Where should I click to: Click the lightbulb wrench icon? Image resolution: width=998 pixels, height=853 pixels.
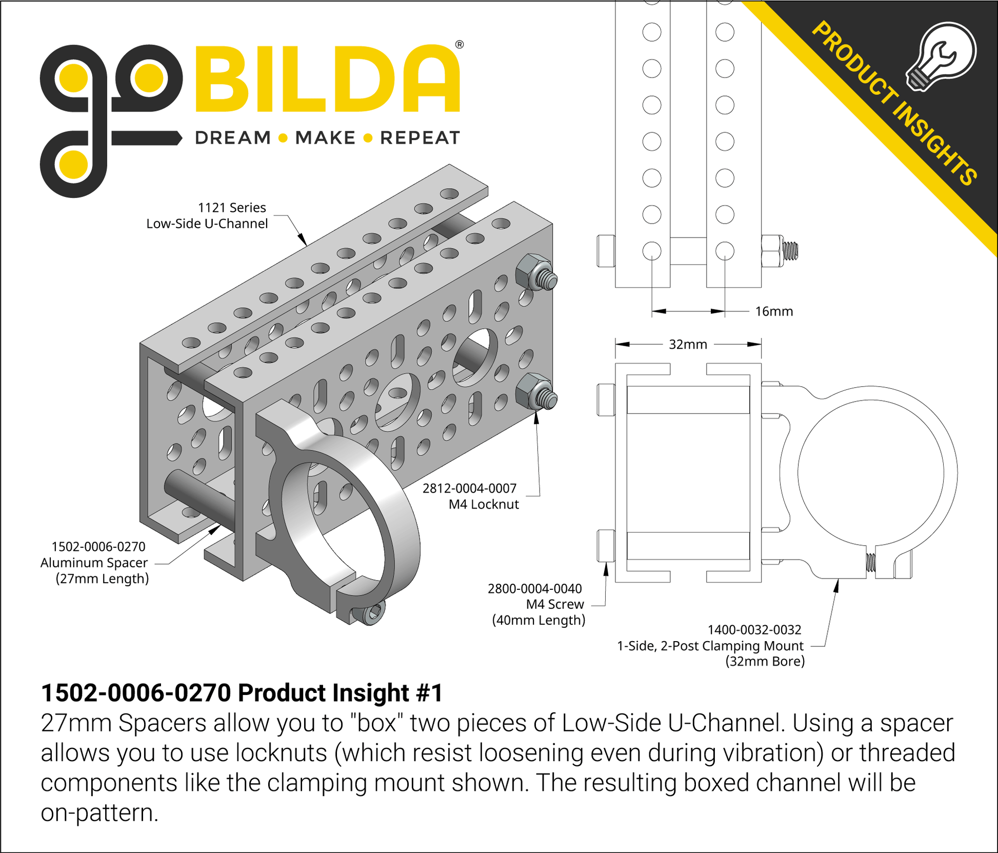[x=941, y=56]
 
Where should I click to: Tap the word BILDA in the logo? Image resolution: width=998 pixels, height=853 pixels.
[x=327, y=79]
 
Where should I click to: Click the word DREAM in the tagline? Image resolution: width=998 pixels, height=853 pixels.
[x=233, y=138]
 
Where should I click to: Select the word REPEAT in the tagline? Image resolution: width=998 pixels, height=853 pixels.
[x=420, y=138]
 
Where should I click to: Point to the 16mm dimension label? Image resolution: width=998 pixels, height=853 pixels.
[x=774, y=311]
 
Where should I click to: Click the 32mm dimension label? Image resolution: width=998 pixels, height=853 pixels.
[x=688, y=344]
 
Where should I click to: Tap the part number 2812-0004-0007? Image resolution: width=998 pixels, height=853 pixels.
[x=469, y=488]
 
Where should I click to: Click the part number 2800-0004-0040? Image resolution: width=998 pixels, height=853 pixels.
[x=535, y=588]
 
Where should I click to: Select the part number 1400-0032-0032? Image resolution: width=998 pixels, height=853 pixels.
[x=754, y=629]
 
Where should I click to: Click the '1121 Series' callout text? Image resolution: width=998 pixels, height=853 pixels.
[x=232, y=208]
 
